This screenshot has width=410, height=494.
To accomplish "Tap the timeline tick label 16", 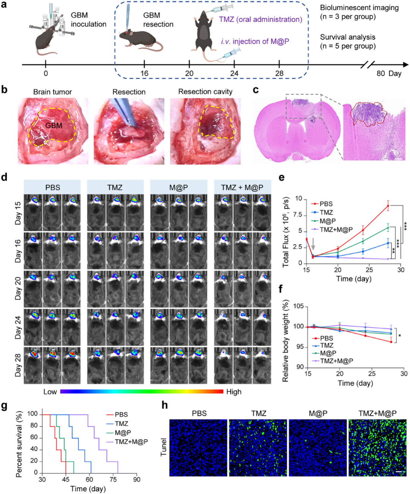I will coord(144,73).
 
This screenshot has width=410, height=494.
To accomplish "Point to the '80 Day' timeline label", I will coord(388,73).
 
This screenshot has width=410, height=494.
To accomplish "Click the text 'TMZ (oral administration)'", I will coord(260,19).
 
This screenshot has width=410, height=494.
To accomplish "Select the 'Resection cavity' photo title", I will coord(205,92).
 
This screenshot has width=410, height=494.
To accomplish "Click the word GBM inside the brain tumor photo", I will coord(54,125).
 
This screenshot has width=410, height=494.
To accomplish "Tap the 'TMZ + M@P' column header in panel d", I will coord(242,187).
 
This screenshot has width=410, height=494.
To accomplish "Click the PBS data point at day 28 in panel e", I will coord(388,206).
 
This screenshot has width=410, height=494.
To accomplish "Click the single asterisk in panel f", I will coord(400,336).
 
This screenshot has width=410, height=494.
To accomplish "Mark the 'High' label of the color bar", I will coord(233,391).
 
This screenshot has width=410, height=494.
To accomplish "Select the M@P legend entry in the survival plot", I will coord(123,432).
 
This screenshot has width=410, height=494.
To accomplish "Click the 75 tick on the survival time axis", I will coord(113,480).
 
